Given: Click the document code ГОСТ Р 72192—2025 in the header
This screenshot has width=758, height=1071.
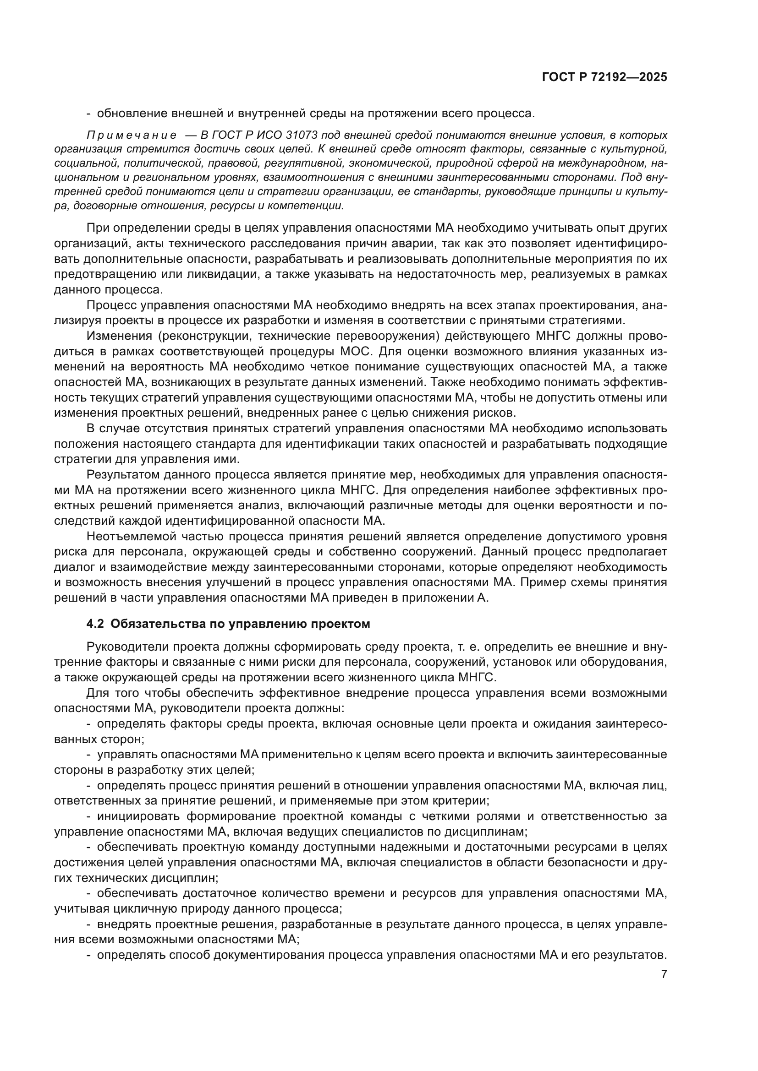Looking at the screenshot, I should point(604,77).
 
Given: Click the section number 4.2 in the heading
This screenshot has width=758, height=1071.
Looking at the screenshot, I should point(96,624).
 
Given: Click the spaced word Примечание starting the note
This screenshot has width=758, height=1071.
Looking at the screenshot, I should point(132,135).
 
